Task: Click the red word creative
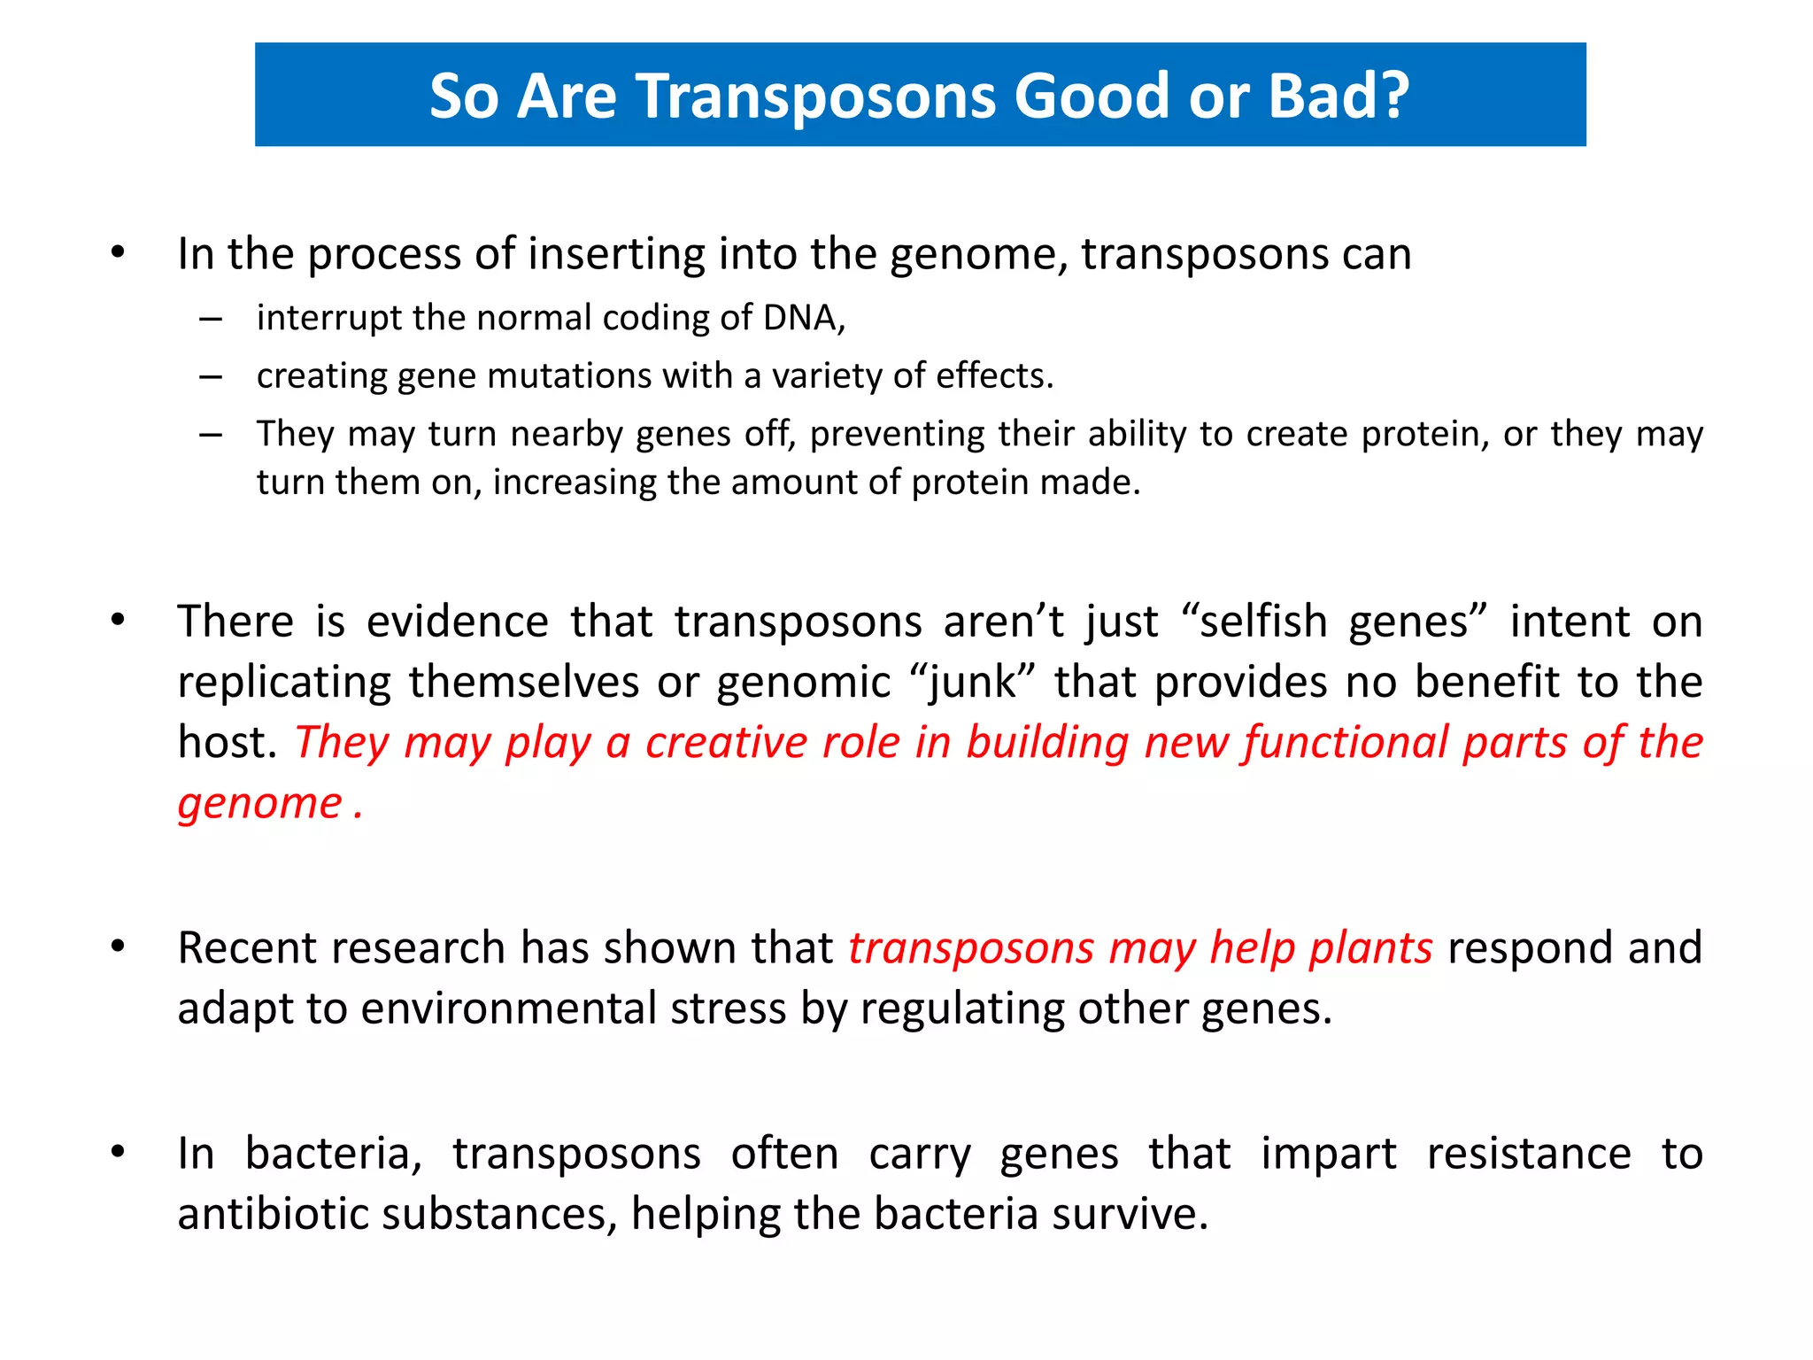726,742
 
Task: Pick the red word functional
1345,742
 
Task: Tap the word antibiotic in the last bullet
273,1214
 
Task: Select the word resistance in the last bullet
1528,1154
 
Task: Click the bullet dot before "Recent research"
118,947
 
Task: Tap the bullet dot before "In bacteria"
118,1152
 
